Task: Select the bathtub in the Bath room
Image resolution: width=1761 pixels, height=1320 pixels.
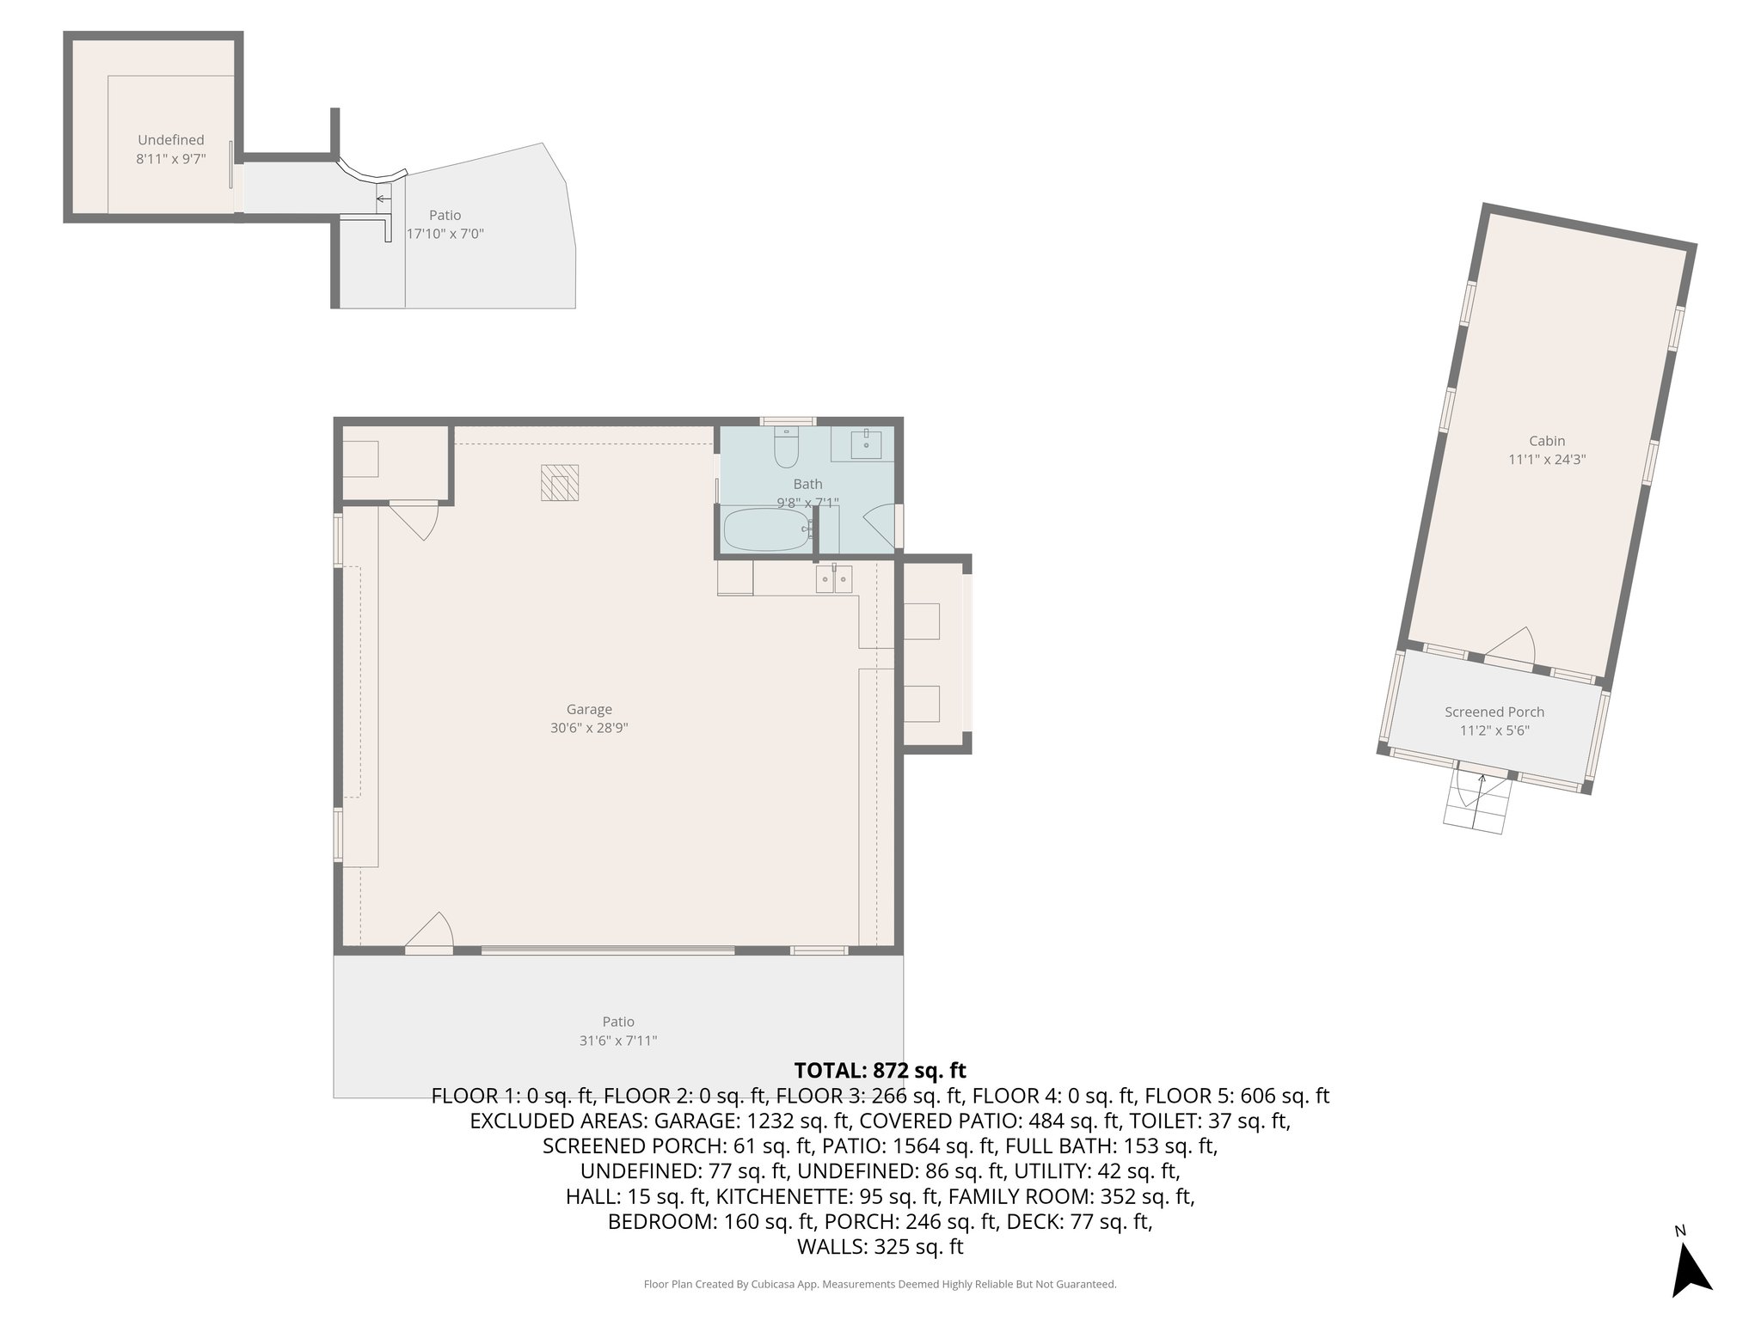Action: pos(766,529)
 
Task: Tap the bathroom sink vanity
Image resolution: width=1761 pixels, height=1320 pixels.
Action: pos(865,444)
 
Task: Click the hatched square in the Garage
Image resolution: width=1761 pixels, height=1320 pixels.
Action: pos(560,482)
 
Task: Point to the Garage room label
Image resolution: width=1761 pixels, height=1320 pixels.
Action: pos(589,709)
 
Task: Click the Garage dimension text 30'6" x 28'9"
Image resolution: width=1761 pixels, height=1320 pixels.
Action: pos(589,728)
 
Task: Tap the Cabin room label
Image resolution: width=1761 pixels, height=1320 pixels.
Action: pos(1547,441)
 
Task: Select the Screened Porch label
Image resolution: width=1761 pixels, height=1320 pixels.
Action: pos(1494,712)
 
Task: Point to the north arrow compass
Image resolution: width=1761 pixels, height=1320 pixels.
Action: pos(1690,1275)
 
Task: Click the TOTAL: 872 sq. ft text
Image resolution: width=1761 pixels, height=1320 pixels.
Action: pos(880,1071)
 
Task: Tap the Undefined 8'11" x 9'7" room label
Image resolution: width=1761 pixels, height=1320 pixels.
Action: pos(171,149)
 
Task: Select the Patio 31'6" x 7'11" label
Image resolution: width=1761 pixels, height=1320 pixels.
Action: pos(618,1030)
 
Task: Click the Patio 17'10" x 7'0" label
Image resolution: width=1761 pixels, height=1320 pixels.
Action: pos(445,224)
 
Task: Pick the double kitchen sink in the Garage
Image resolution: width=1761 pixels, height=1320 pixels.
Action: pos(834,579)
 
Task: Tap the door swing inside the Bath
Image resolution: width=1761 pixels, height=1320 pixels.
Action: pos(880,526)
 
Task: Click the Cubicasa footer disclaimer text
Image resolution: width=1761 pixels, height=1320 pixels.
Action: pos(880,1284)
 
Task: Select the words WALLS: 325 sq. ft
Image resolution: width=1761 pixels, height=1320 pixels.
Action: pos(880,1247)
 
